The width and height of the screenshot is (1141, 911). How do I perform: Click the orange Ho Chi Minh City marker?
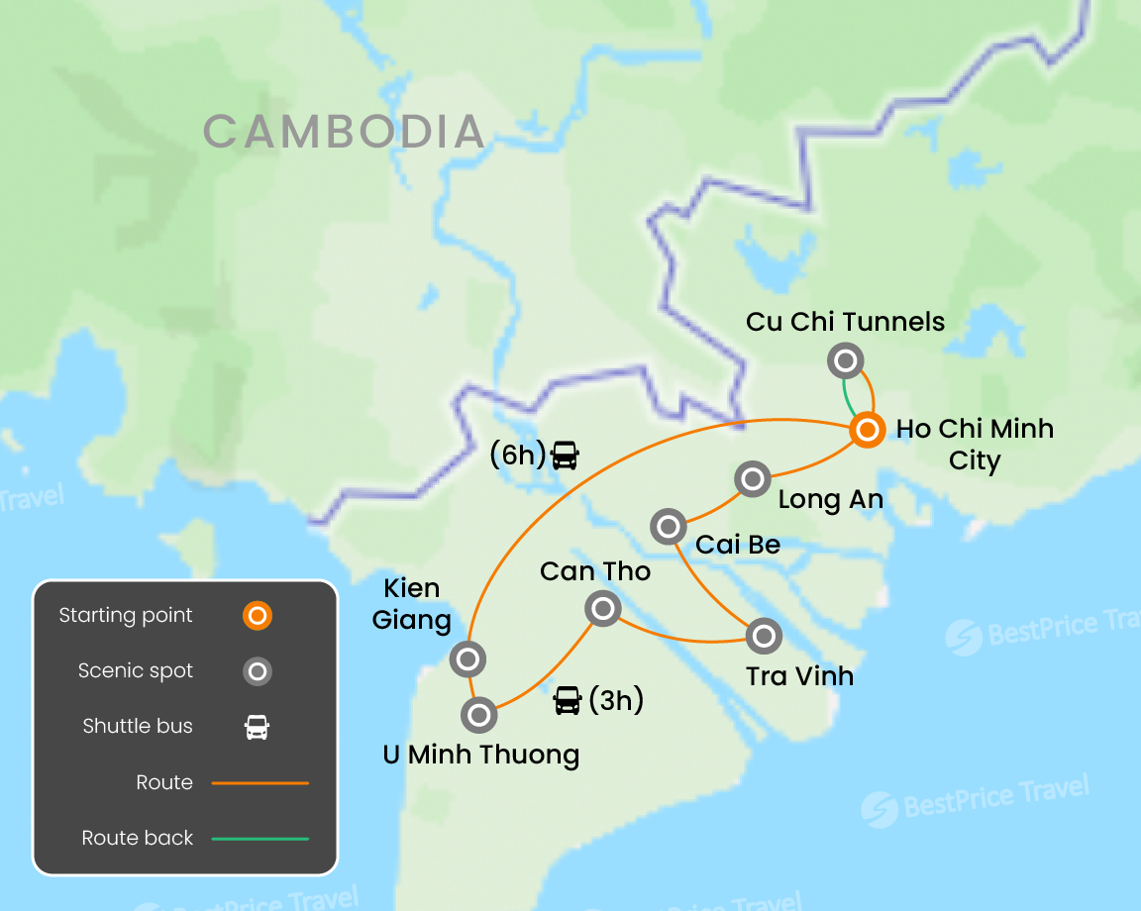[x=867, y=430]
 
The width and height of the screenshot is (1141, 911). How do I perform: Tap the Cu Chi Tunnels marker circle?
[x=846, y=360]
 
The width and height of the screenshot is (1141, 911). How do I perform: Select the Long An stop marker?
[x=753, y=479]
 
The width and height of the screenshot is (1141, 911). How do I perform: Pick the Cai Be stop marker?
[x=669, y=526]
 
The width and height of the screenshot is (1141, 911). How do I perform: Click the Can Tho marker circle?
[x=602, y=608]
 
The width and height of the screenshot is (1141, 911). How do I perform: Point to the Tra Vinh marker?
[x=763, y=636]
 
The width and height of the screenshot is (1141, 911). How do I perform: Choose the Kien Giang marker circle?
[x=467, y=658]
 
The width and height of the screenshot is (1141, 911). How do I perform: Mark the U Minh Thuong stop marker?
[x=478, y=714]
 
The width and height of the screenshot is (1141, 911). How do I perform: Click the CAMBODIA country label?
[x=344, y=132]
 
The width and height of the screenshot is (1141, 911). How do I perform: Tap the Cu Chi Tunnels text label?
[x=845, y=322]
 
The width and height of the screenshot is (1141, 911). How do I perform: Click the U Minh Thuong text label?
[x=480, y=755]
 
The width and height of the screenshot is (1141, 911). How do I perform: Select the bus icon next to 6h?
[x=565, y=455]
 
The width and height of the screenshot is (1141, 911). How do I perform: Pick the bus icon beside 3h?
[x=568, y=701]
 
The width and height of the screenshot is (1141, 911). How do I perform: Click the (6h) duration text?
[x=518, y=455]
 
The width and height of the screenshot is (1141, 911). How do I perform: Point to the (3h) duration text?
[x=616, y=701]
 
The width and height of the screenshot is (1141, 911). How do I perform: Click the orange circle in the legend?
[x=258, y=616]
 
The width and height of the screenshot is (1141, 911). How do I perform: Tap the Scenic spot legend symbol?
[x=258, y=671]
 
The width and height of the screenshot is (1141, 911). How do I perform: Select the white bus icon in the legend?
[x=258, y=727]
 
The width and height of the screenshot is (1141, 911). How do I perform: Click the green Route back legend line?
[x=260, y=839]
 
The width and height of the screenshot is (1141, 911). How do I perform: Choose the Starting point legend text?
[x=126, y=616]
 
